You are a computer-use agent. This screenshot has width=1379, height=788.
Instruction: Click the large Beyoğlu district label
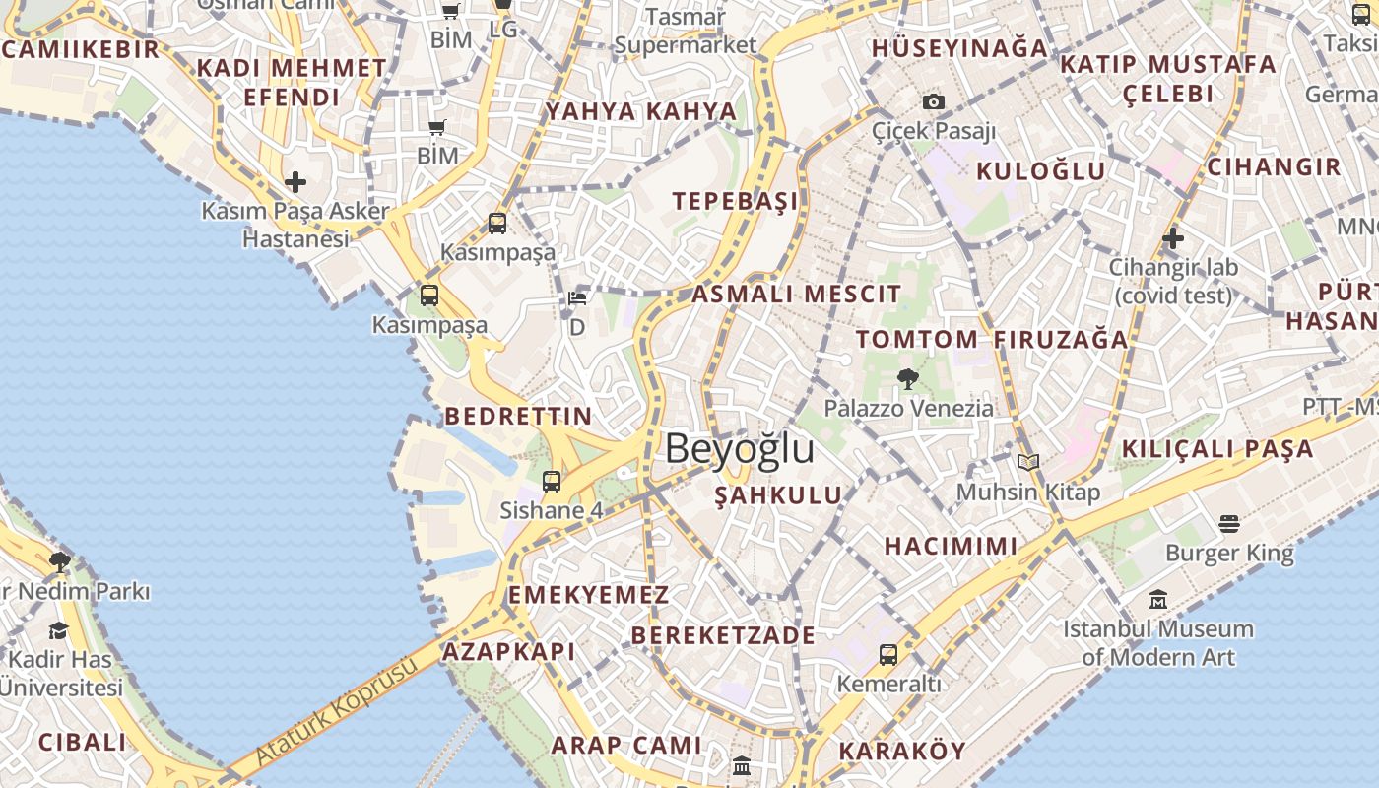click(740, 448)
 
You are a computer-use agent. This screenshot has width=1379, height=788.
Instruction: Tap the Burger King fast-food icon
click(1228, 523)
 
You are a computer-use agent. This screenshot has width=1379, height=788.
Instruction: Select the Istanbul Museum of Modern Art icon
click(1158, 599)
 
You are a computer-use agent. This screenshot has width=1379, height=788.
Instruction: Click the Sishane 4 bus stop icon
click(552, 482)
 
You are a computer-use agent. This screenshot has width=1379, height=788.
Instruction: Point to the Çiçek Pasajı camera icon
click(934, 101)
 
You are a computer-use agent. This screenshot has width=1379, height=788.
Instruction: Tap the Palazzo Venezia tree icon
click(907, 378)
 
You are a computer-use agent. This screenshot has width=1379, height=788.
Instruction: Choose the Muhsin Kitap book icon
click(1028, 462)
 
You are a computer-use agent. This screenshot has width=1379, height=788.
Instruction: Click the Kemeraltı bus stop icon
click(888, 654)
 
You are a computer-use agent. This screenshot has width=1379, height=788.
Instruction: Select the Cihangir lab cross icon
click(1172, 237)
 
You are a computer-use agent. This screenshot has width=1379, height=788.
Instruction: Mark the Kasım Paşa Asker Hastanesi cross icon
click(295, 182)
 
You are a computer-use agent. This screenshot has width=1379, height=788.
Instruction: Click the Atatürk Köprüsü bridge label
click(337, 711)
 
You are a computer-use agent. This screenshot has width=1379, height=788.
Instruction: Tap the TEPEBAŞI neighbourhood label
click(736, 201)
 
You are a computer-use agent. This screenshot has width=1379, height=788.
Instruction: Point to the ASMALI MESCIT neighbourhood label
click(796, 294)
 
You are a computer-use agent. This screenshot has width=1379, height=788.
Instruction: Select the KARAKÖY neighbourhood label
click(902, 751)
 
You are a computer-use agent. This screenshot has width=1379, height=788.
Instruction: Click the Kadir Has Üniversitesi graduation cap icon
click(59, 630)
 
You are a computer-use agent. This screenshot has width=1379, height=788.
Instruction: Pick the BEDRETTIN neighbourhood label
click(518, 416)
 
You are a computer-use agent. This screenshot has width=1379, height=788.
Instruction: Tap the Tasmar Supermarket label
click(686, 31)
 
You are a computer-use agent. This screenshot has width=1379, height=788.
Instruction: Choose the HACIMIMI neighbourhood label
click(951, 546)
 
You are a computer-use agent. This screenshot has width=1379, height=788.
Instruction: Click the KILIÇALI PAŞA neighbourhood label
click(1217, 449)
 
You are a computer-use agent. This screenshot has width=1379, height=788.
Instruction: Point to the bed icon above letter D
click(577, 298)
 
